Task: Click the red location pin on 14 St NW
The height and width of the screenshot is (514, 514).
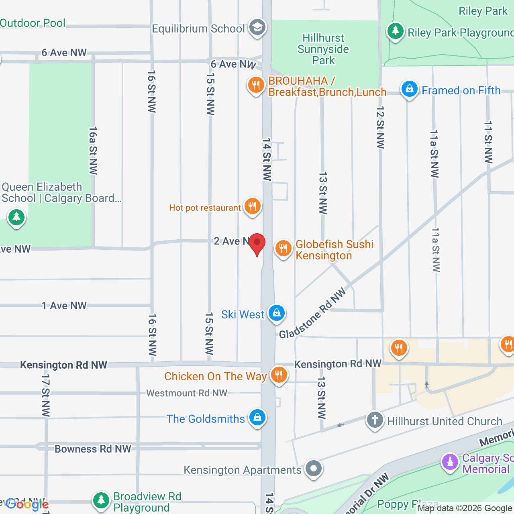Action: click(x=257, y=243)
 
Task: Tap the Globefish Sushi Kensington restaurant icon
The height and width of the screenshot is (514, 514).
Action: click(x=283, y=249)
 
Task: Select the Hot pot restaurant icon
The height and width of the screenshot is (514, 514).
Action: click(x=252, y=206)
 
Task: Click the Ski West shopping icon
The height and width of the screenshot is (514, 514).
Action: click(x=276, y=313)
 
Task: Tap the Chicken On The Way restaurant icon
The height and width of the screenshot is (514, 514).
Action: click(x=278, y=375)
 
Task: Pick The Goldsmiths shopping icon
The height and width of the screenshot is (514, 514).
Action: click(x=257, y=418)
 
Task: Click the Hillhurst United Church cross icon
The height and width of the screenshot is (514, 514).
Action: click(x=375, y=420)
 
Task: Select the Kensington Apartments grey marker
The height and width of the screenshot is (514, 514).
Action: click(x=314, y=469)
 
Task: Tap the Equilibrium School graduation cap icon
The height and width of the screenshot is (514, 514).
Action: click(x=257, y=28)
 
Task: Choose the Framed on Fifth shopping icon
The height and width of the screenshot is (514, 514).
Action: click(x=409, y=89)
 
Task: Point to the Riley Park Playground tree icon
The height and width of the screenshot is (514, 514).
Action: click(x=395, y=31)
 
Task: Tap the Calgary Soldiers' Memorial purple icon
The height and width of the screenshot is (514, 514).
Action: click(x=450, y=462)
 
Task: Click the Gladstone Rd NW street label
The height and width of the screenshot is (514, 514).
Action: click(x=312, y=313)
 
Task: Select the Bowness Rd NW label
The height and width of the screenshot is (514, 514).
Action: click(x=93, y=449)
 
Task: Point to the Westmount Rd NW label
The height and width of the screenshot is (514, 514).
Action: click(x=187, y=393)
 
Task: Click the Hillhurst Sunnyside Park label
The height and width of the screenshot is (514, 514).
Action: click(x=323, y=49)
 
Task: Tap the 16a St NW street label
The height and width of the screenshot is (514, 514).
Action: click(x=93, y=151)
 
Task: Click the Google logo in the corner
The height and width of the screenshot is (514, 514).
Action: click(x=27, y=504)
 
